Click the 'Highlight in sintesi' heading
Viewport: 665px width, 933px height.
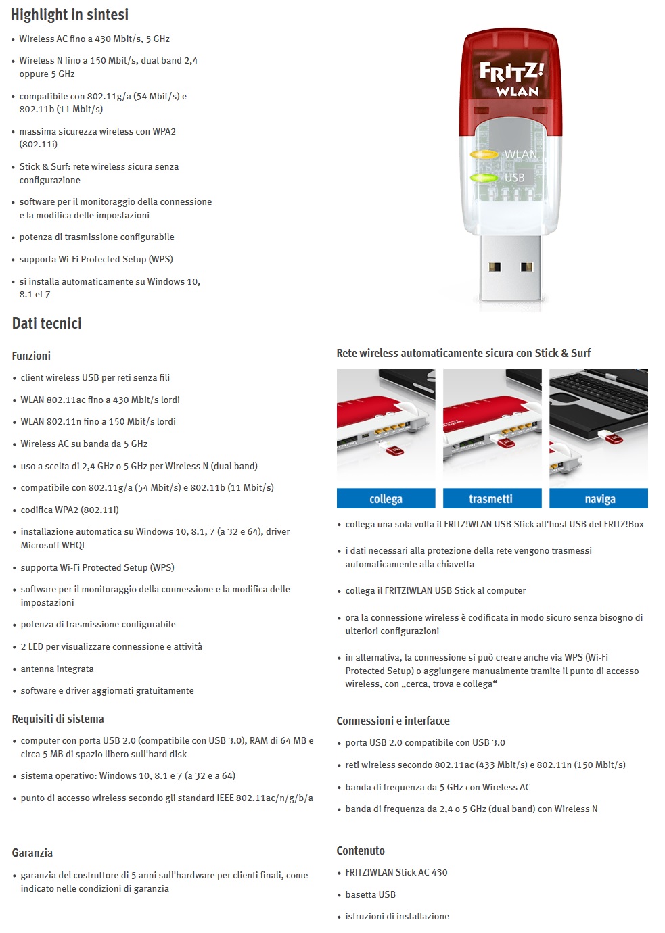pyautogui.click(x=69, y=14)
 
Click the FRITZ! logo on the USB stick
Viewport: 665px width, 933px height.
pyautogui.click(x=511, y=71)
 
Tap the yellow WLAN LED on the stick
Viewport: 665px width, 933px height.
pyautogui.click(x=484, y=155)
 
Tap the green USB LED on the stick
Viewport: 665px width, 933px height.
pyautogui.click(x=484, y=178)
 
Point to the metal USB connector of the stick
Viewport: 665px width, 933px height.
pyautogui.click(x=511, y=267)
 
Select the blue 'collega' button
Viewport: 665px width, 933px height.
pyautogui.click(x=386, y=499)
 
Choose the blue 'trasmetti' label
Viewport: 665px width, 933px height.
pyautogui.click(x=491, y=499)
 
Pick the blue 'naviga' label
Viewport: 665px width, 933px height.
pyautogui.click(x=599, y=499)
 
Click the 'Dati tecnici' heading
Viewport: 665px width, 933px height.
pyautogui.click(x=47, y=323)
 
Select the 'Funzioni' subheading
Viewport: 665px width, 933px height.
pyautogui.click(x=31, y=356)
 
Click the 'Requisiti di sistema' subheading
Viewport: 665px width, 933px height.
pyautogui.click(x=58, y=719)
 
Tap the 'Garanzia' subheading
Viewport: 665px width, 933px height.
pyautogui.click(x=32, y=853)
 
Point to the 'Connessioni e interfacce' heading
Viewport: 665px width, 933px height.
pyautogui.click(x=392, y=721)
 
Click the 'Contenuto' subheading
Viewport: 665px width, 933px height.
pyautogui.click(x=360, y=851)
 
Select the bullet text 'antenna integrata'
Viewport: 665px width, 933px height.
pyautogui.click(x=57, y=669)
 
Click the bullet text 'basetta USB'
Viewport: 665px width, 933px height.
pyautogui.click(x=370, y=894)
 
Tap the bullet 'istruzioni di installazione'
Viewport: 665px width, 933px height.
pyautogui.click(x=397, y=916)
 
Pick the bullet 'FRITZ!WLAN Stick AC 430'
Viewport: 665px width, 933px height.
pyautogui.click(x=396, y=872)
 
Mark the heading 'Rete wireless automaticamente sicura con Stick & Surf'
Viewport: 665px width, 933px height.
pyautogui.click(x=463, y=353)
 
